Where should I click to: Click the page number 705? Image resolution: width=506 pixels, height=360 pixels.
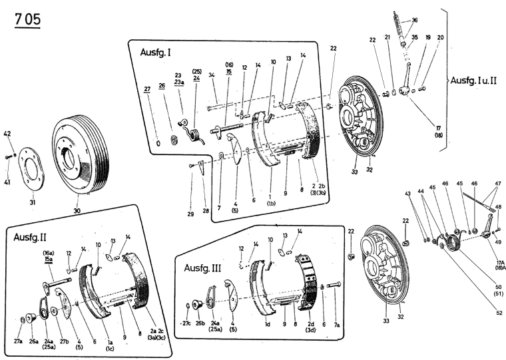27,19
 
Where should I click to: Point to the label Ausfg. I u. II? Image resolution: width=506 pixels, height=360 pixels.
475,80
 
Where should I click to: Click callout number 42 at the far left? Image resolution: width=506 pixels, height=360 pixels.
8,134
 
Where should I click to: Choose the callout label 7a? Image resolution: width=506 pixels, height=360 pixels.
337,325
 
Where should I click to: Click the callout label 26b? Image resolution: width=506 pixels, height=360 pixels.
199,324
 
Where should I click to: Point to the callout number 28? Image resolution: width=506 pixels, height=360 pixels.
206,210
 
